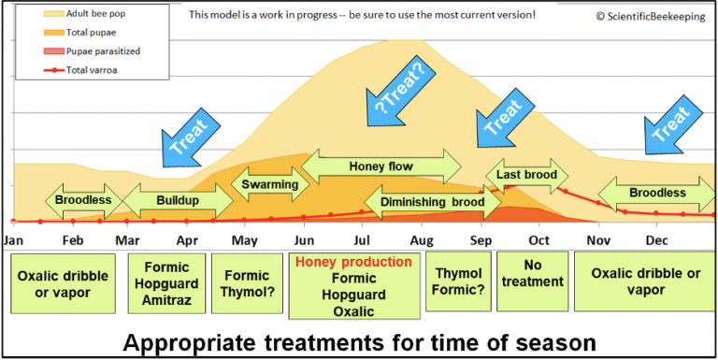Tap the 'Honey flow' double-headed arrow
[x=381, y=166]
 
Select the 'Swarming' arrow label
[x=270, y=184]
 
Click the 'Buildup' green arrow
[x=177, y=200]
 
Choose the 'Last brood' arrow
[x=526, y=175]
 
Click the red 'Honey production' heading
[x=353, y=262]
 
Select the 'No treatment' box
[x=531, y=275]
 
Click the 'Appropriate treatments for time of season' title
[x=359, y=342]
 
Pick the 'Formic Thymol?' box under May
[x=246, y=284]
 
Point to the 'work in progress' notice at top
[x=363, y=15]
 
